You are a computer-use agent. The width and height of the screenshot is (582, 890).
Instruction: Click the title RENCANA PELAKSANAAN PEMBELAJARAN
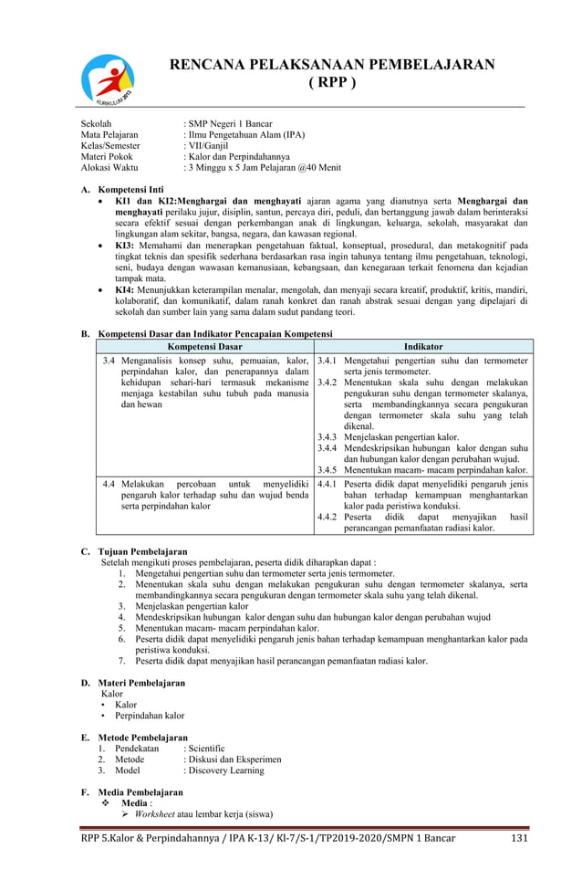(x=333, y=64)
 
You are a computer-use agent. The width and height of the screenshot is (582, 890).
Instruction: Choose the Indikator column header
(x=423, y=347)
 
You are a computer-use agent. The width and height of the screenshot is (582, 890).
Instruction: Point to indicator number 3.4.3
(x=327, y=436)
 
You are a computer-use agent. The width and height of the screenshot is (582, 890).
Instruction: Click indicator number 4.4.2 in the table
(x=327, y=517)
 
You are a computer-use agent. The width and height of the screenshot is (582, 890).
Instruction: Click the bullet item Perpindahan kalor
(x=150, y=716)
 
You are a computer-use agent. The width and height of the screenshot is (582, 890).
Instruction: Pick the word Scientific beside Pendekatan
(x=206, y=749)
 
